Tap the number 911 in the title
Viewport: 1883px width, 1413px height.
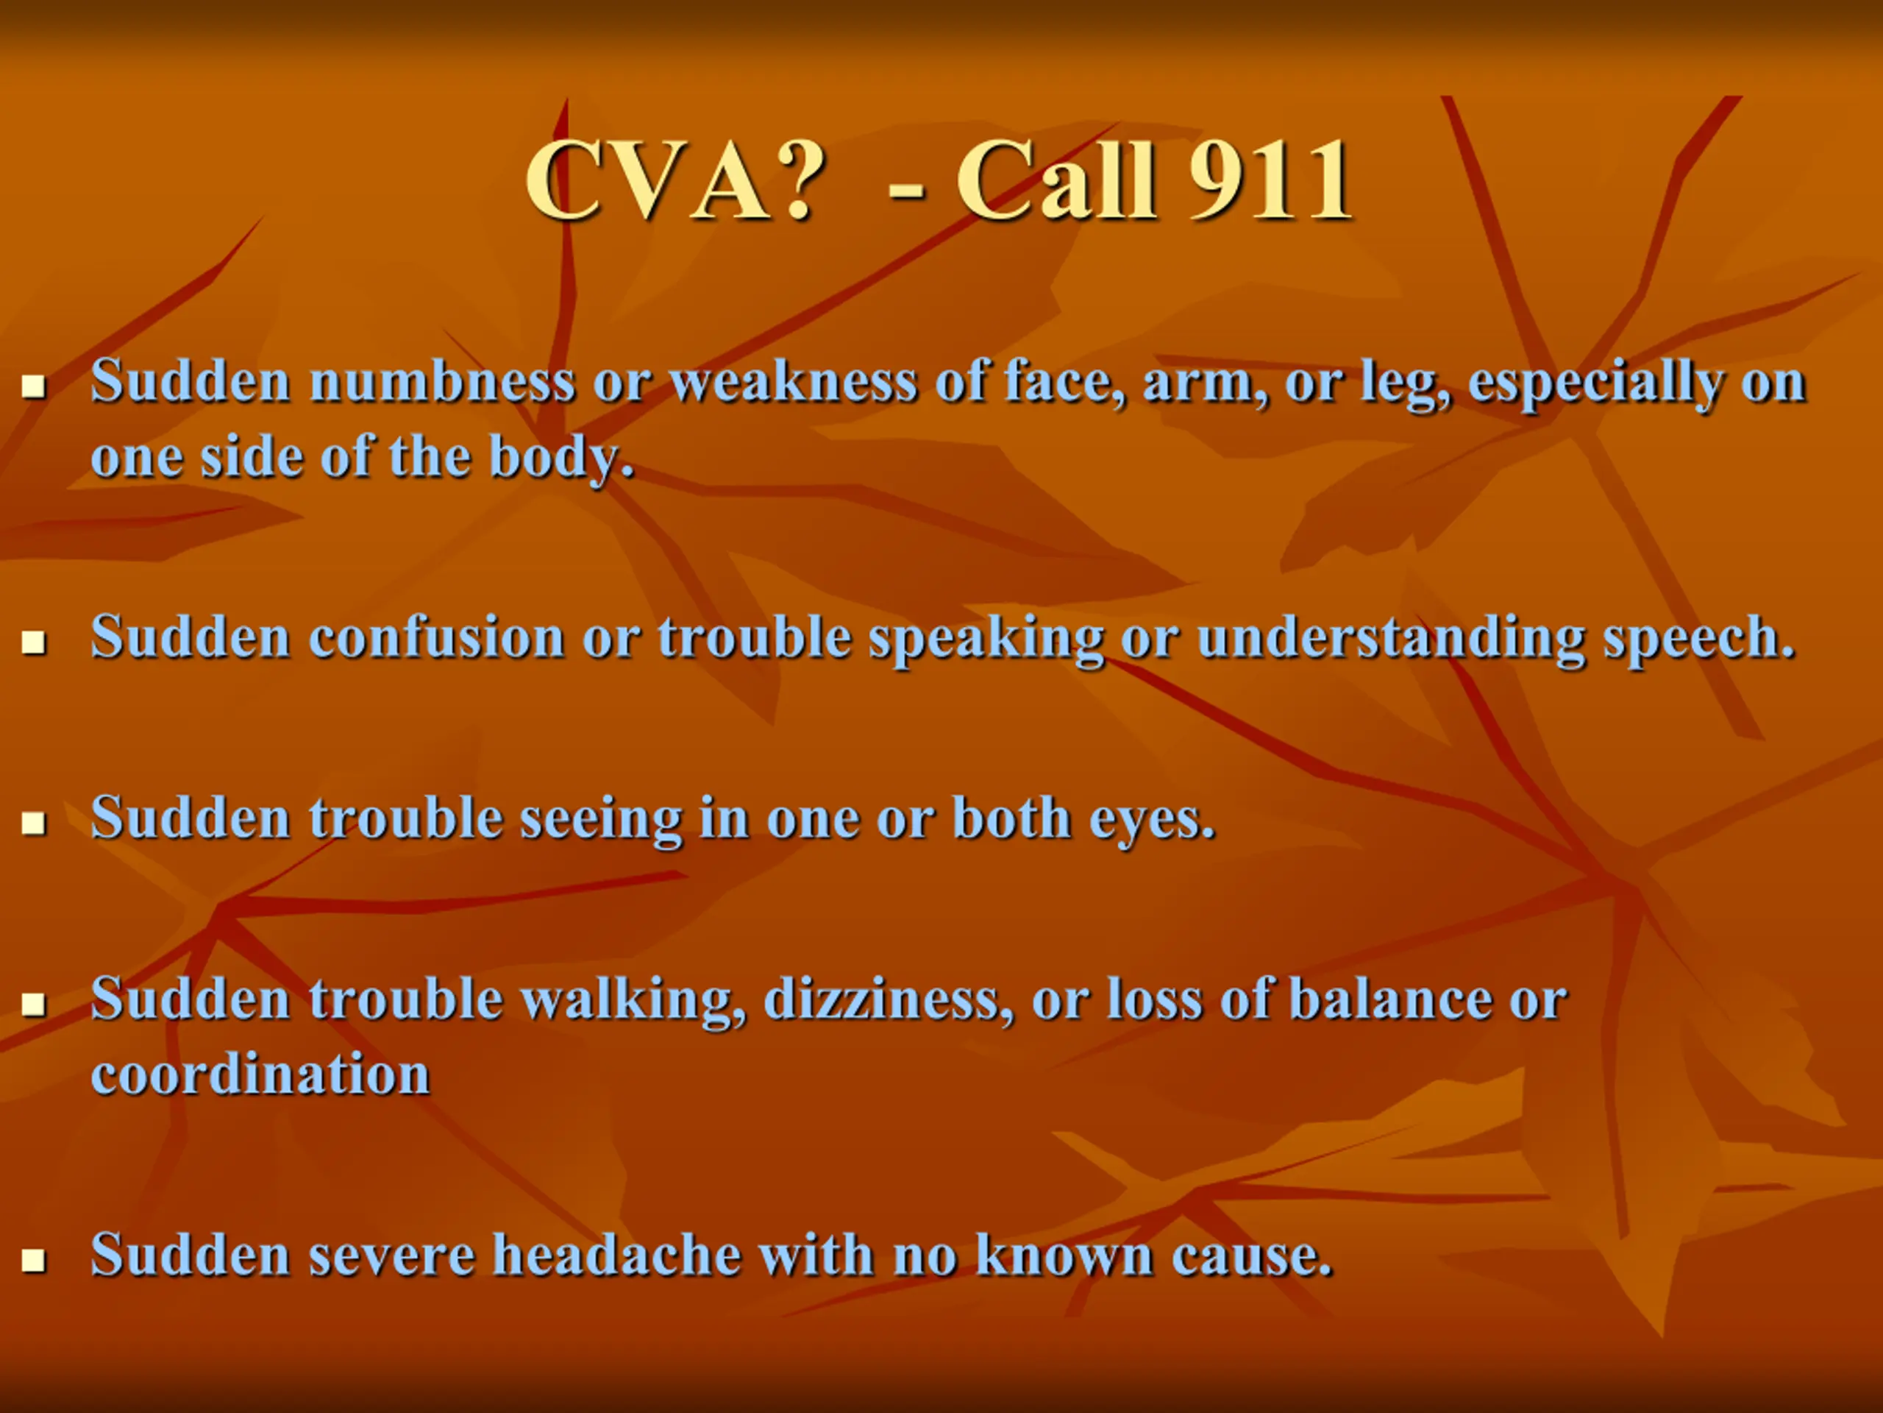point(1270,180)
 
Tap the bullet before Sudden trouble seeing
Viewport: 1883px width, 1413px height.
point(33,824)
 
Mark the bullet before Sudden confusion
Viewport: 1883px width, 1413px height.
point(33,643)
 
